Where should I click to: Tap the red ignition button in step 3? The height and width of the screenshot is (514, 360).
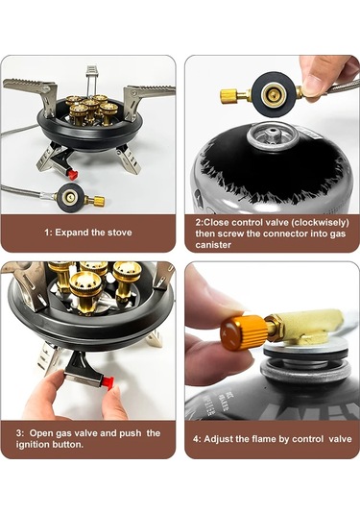point(108,382)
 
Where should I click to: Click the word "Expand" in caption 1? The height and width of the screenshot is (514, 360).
point(71,233)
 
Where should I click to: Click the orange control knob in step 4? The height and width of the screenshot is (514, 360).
point(244,333)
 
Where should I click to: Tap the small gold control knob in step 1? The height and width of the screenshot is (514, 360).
point(97,200)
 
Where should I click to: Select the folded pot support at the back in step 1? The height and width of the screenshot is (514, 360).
point(91,81)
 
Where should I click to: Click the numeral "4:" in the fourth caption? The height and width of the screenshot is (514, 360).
point(197,439)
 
